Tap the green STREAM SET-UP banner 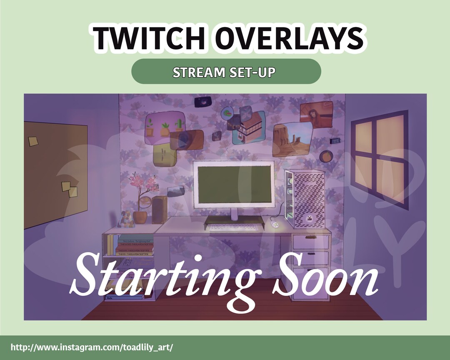(x=226, y=72)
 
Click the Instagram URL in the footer (x=91, y=347)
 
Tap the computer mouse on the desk (x=275, y=225)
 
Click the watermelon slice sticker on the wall (x=227, y=112)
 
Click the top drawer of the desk (x=310, y=242)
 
